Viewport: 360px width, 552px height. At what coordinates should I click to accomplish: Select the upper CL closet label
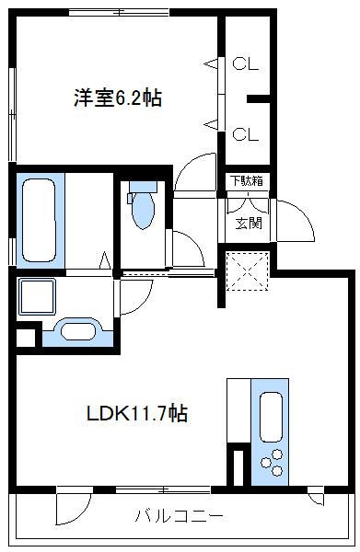[245, 64]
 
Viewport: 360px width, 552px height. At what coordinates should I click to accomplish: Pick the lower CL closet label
[245, 134]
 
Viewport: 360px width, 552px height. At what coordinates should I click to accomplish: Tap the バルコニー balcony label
[180, 514]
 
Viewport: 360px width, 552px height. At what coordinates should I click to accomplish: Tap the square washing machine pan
[37, 296]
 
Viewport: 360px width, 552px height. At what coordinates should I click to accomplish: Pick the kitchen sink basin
[272, 416]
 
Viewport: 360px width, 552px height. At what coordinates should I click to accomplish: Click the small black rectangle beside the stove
[238, 464]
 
